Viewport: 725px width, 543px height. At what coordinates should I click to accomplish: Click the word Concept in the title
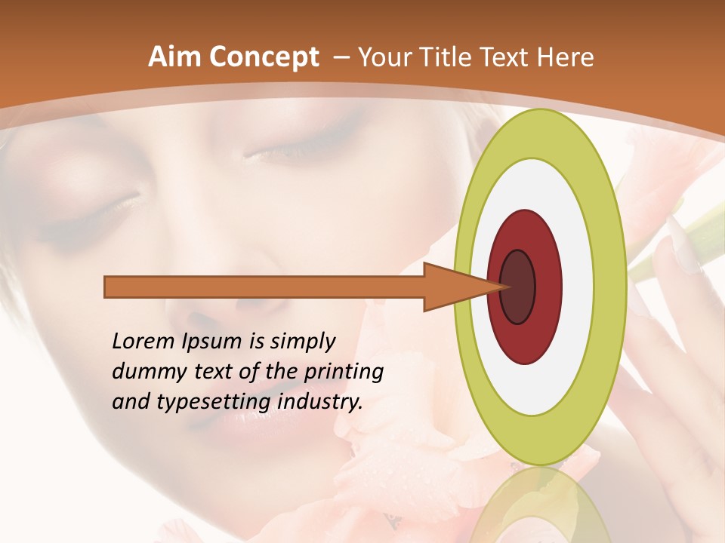(x=263, y=57)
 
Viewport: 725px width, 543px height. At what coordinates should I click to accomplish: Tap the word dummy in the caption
(x=145, y=372)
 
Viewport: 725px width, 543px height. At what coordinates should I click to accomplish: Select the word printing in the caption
(x=344, y=372)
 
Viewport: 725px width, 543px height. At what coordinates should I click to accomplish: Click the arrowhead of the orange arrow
(x=453, y=287)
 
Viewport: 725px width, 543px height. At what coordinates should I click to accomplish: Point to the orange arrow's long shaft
(x=264, y=287)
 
